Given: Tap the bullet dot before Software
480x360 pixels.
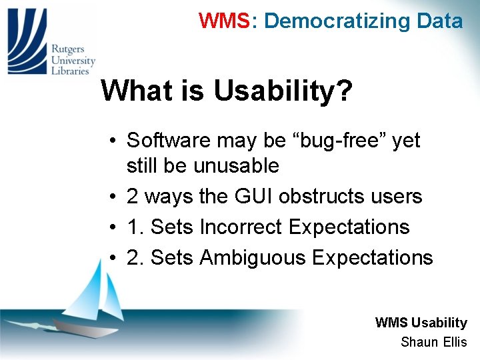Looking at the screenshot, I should [x=115, y=141].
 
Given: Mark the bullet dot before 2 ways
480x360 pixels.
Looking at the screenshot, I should [x=115, y=197].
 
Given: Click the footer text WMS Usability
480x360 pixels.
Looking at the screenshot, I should [x=421, y=323].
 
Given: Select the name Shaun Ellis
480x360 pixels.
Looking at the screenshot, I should [x=433, y=342].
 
